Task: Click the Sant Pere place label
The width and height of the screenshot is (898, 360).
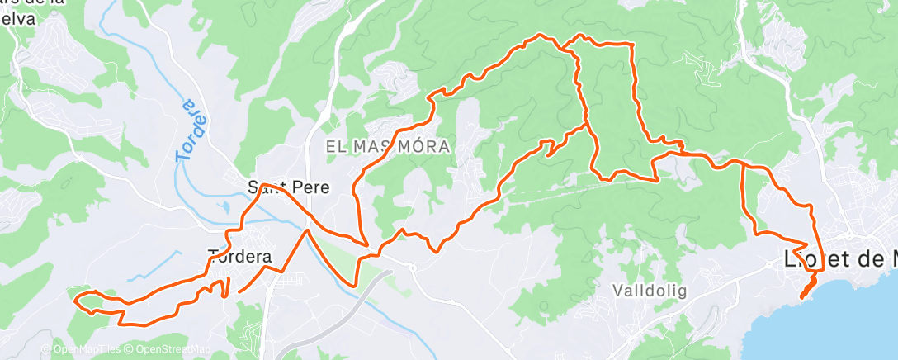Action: pos(289,187)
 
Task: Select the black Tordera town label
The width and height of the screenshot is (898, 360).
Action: pos(240,256)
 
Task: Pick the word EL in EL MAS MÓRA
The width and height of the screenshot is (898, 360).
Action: pos(334,146)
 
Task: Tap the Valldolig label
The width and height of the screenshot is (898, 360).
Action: pos(650,291)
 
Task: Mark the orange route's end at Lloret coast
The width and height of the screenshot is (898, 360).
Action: pos(802,296)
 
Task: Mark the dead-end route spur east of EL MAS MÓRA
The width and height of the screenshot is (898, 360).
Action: pos(548,154)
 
